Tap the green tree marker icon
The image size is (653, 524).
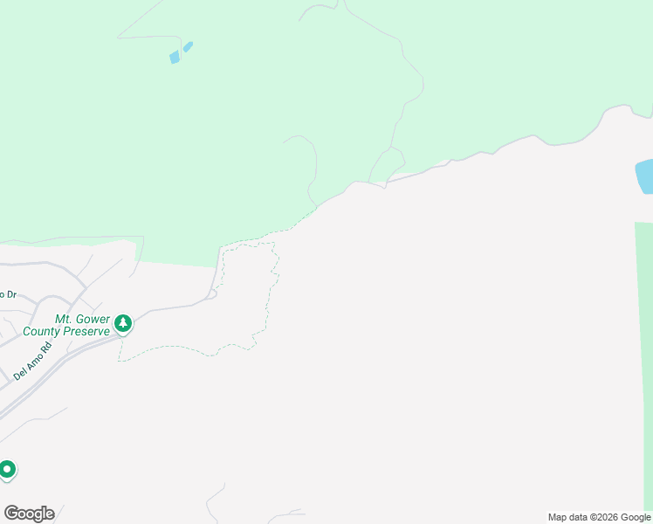click(123, 324)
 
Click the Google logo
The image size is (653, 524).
click(29, 514)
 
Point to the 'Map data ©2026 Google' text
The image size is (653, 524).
click(599, 517)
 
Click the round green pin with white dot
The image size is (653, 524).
click(7, 470)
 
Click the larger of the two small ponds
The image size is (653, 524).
click(175, 58)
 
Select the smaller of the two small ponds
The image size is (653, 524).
click(189, 46)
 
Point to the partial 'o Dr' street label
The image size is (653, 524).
click(8, 294)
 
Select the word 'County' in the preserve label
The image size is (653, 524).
click(41, 332)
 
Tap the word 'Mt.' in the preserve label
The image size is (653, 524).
click(63, 320)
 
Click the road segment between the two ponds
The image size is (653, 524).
click(181, 52)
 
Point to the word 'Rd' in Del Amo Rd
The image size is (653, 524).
click(47, 346)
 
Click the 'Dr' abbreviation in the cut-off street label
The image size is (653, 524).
click(11, 294)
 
